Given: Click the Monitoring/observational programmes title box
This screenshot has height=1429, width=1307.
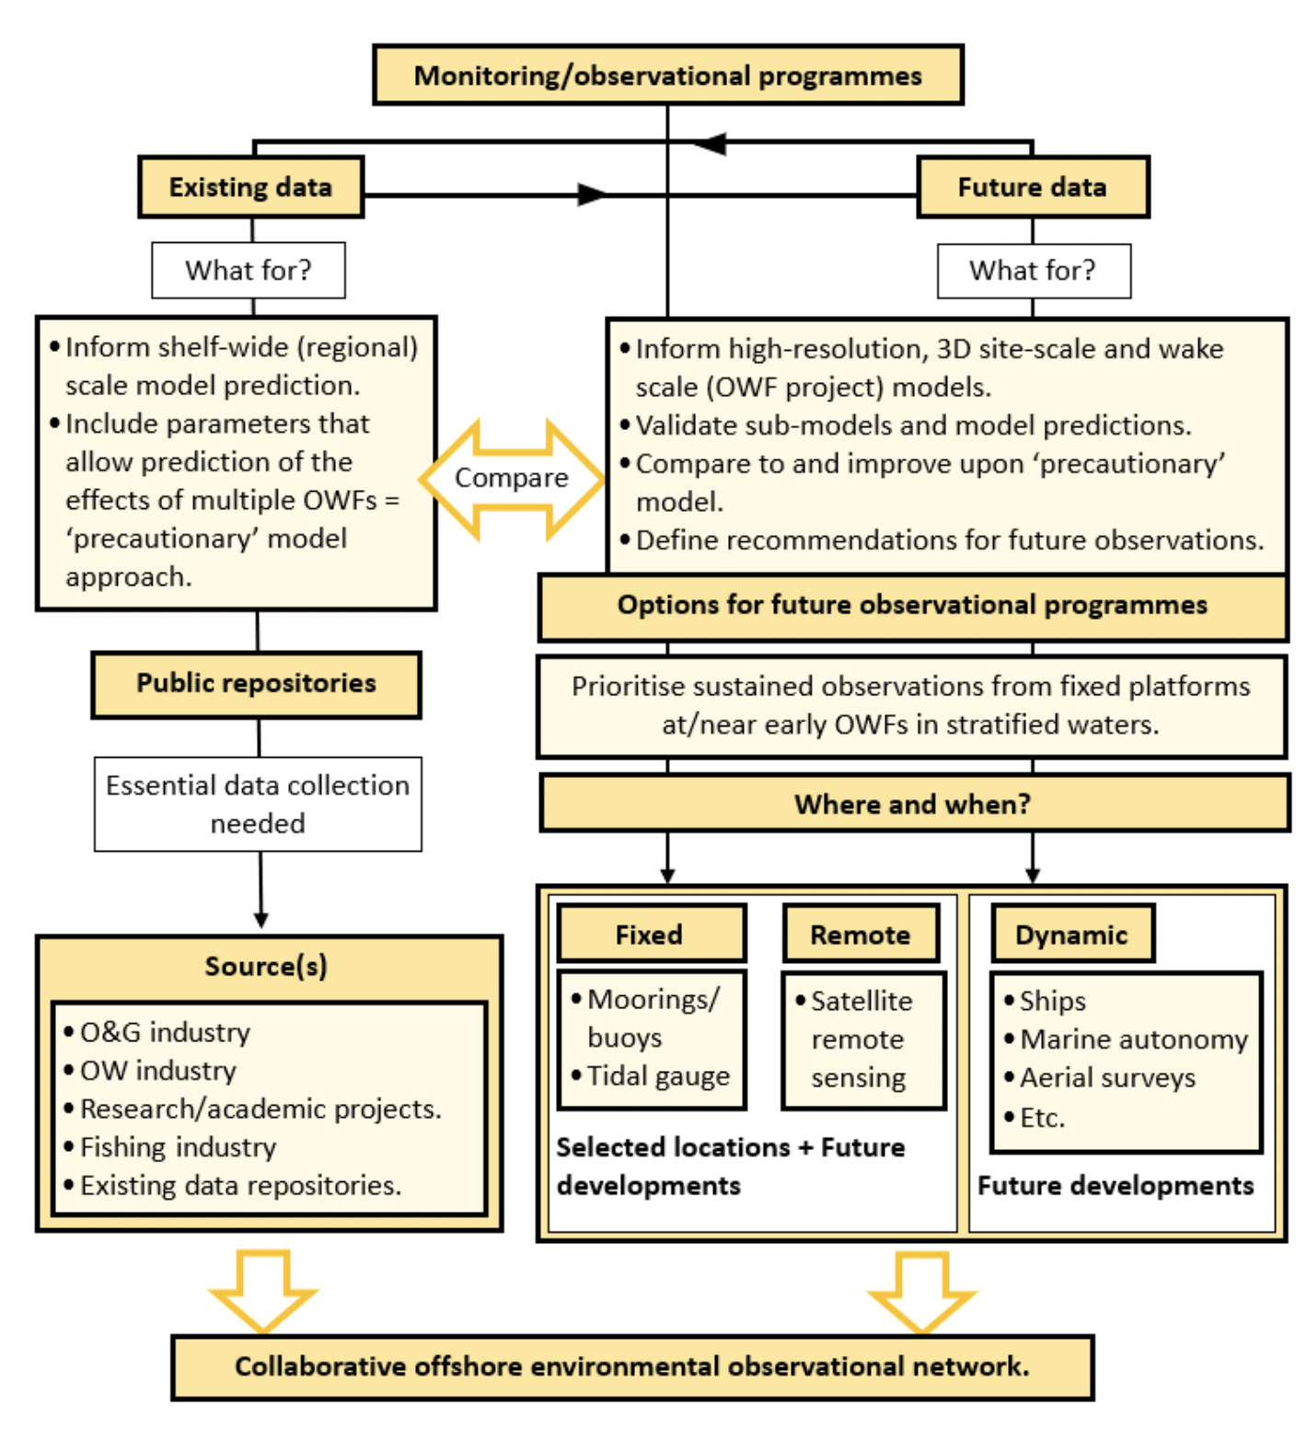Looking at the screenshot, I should click(667, 75).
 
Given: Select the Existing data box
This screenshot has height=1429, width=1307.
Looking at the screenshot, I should click(250, 187).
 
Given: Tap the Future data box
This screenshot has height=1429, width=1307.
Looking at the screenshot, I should click(1032, 187).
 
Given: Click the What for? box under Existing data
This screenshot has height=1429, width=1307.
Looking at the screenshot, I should click(249, 270).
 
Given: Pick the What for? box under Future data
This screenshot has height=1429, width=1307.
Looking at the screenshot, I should click(1033, 271).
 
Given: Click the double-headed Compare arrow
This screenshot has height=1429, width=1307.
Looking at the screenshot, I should click(512, 478).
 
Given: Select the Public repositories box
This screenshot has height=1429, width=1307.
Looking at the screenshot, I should click(256, 683).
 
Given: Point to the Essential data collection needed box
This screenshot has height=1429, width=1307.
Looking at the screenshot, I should click(258, 804).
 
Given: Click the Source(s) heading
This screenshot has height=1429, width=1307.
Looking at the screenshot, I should click(266, 966).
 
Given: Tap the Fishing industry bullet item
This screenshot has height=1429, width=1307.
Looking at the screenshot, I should click(178, 1147).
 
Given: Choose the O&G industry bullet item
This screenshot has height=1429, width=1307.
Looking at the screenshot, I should click(165, 1032).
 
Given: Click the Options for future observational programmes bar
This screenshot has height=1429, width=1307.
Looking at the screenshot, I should click(912, 606).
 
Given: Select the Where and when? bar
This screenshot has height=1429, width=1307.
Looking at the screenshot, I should click(913, 804).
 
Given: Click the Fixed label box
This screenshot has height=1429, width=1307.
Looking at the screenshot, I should click(650, 935).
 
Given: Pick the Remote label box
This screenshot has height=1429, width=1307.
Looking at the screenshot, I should click(860, 935).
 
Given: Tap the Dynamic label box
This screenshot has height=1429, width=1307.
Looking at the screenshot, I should click(1071, 935).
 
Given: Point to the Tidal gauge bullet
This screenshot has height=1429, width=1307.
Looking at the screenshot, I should click(658, 1076).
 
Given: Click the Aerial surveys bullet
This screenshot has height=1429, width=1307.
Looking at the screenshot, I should click(1107, 1078).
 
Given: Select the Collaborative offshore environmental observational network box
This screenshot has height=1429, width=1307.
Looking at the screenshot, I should click(632, 1366).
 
